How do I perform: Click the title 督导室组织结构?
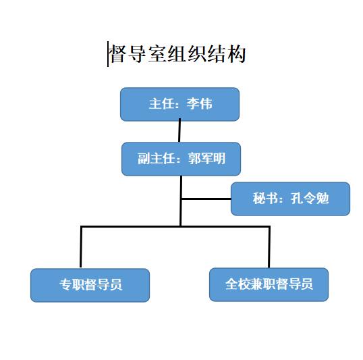tap(178, 54)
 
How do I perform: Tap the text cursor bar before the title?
tap(108, 54)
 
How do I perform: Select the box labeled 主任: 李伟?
tap(180, 104)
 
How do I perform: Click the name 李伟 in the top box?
tap(199, 103)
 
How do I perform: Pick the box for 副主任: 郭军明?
tap(181, 159)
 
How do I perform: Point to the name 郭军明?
tap(206, 158)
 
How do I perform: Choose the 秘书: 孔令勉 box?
tap(291, 199)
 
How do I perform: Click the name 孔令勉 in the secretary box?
tap(310, 199)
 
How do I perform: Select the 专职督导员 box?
tap(90, 285)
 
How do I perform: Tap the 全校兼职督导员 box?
tap(269, 284)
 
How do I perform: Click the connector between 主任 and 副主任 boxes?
tap(179, 130)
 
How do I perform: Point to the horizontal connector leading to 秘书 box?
tap(206, 199)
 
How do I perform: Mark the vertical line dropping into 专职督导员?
tap(81, 247)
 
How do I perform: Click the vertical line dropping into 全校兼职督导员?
tap(269, 247)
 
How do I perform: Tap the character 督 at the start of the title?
tap(118, 54)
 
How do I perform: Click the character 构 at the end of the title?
tap(237, 54)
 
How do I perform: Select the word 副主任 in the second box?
tap(156, 159)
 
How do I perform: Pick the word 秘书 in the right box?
tap(265, 199)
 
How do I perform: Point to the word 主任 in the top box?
tap(161, 103)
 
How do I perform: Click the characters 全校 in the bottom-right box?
tap(238, 284)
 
